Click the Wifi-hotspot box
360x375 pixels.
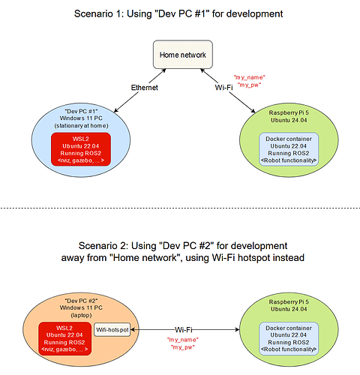[x=112, y=328]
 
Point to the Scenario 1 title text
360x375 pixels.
[x=180, y=13]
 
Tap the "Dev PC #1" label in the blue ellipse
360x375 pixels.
[x=80, y=109]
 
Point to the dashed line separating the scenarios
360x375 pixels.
[x=180, y=208]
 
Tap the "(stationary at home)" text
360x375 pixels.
[x=80, y=126]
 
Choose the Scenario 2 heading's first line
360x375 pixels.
[x=180, y=245]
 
